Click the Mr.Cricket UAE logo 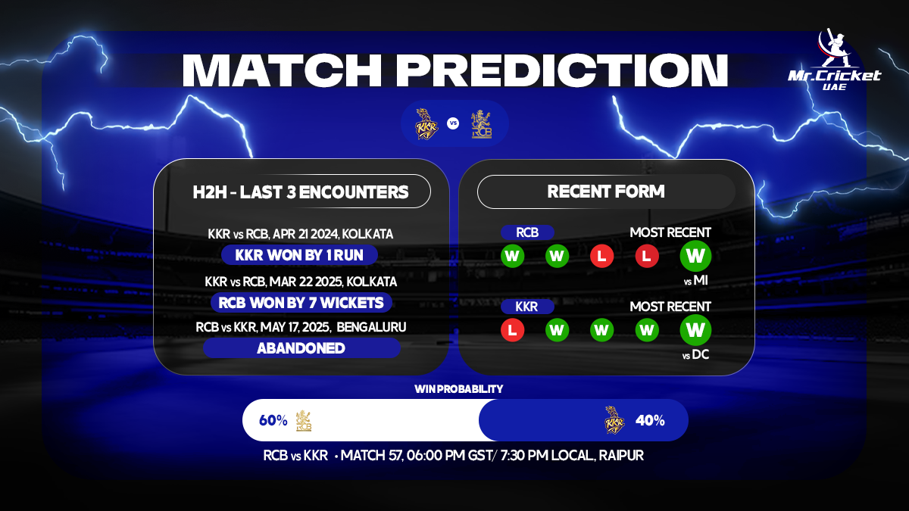(x=834, y=60)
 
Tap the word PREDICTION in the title (x=561, y=70)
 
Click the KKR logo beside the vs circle (x=426, y=123)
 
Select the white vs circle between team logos (x=453, y=123)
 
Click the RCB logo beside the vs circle (x=481, y=124)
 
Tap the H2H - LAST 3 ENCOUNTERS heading (x=300, y=192)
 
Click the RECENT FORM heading (x=606, y=192)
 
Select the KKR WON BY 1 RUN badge (x=299, y=255)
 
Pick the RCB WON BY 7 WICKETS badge (x=301, y=303)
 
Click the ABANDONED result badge (x=301, y=348)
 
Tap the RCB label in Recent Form (x=527, y=232)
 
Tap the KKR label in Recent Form (x=527, y=307)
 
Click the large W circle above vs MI (x=695, y=256)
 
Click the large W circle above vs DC (x=695, y=330)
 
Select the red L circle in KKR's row (x=513, y=330)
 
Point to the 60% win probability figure (x=273, y=421)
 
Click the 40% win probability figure (x=650, y=421)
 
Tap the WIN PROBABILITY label (x=458, y=389)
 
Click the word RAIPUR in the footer (x=621, y=456)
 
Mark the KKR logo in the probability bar (x=614, y=419)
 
